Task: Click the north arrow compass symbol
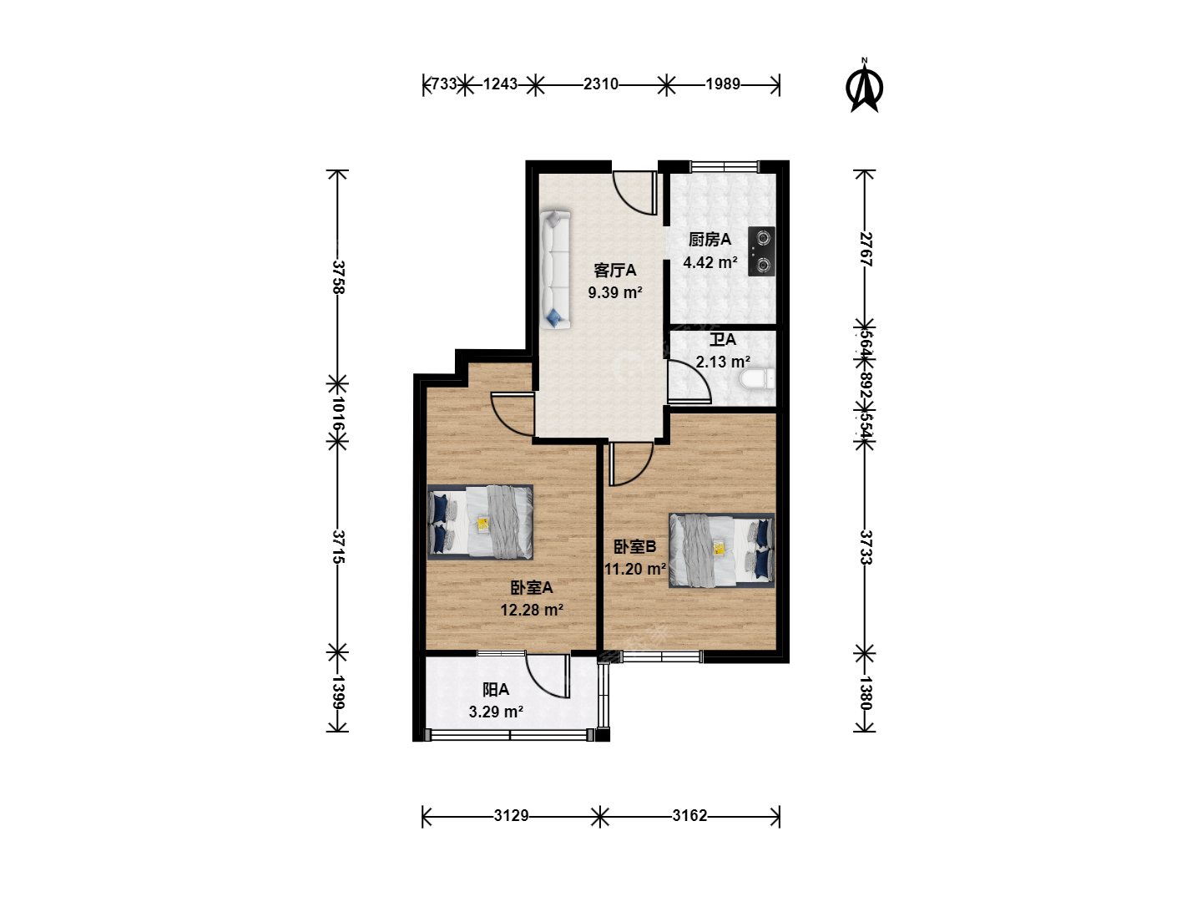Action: click(x=864, y=87)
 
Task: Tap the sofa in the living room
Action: click(x=556, y=270)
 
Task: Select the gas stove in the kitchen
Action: click(x=762, y=251)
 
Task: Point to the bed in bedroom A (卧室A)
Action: click(x=480, y=523)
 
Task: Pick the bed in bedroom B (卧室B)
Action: click(x=722, y=550)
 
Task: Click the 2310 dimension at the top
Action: click(x=601, y=84)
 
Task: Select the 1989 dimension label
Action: click(x=723, y=84)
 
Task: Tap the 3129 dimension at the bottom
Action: click(x=512, y=816)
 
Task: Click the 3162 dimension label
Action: click(x=690, y=816)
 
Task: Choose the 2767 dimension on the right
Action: click(x=866, y=249)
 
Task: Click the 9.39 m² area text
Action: click(x=615, y=292)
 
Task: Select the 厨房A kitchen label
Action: click(x=710, y=240)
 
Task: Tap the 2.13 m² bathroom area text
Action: click(x=723, y=362)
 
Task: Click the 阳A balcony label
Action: click(x=496, y=690)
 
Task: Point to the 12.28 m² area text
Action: click(x=532, y=610)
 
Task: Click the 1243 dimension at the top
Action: click(x=501, y=84)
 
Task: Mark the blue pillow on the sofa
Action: click(x=555, y=317)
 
